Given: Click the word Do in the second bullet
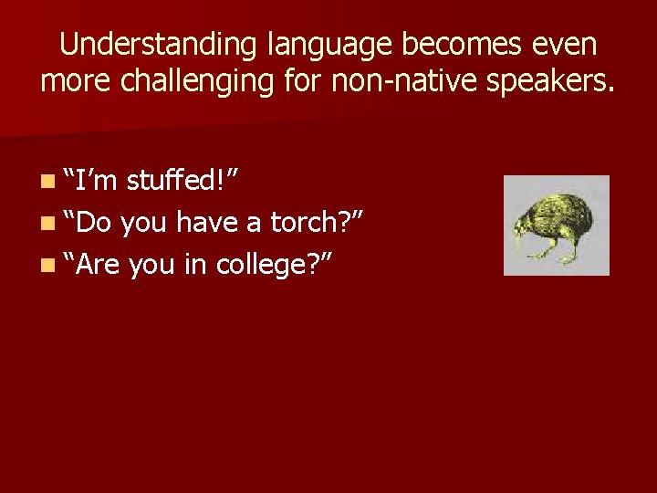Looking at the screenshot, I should tap(93, 222).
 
